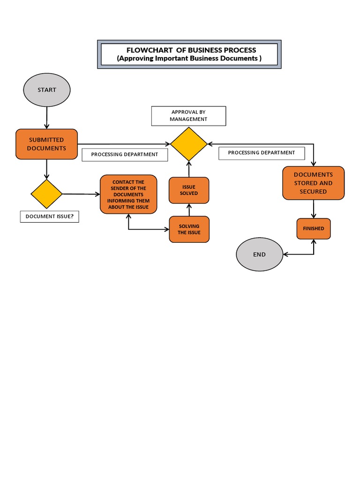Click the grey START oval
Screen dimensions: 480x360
click(46, 90)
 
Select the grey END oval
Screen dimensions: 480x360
click(259, 255)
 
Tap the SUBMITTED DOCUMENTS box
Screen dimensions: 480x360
click(46, 144)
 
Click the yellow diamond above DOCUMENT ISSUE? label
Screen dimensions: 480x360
click(46, 194)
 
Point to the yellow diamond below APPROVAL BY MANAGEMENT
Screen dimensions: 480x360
click(188, 144)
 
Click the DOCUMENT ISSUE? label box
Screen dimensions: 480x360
click(49, 217)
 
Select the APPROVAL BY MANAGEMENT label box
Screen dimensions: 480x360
click(188, 116)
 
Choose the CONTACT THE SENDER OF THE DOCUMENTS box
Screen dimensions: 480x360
click(128, 195)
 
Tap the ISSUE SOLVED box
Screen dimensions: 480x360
click(189, 190)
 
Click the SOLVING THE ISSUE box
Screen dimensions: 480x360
click(189, 229)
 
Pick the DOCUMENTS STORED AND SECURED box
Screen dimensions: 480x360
click(313, 183)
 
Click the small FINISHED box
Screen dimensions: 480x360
click(313, 229)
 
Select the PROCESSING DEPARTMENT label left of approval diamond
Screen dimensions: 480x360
click(125, 155)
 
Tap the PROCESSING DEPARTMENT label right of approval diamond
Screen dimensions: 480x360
click(262, 153)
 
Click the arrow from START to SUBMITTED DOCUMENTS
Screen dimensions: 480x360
click(46, 117)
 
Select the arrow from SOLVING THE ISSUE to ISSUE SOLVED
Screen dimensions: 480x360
click(189, 210)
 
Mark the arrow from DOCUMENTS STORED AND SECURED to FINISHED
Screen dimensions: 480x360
click(313, 209)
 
